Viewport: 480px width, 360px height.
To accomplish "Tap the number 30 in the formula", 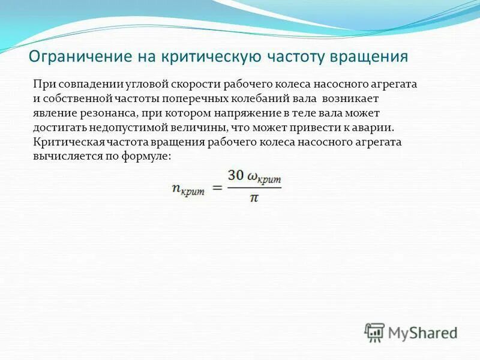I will (x=236, y=176).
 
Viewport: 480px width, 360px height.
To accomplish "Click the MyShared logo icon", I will (x=376, y=332).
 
